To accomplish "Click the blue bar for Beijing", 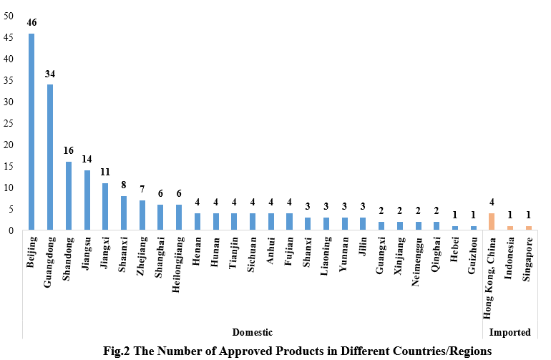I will [31, 132].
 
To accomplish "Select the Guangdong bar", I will [50, 157].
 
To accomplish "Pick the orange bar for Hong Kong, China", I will [491, 222].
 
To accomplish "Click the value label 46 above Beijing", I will [31, 23].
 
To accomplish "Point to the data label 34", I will [50, 74].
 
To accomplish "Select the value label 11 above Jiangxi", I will [105, 173].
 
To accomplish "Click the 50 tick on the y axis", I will [9, 16].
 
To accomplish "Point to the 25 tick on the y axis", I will [9, 123].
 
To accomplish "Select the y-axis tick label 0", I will [11, 230].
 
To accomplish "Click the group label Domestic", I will [253, 333].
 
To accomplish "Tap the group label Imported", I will [509, 333].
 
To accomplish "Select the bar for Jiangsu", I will [87, 200].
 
